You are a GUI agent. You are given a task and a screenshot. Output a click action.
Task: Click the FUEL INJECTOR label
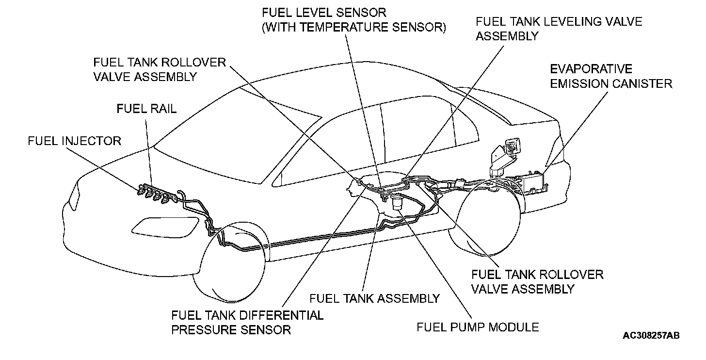tap(74, 141)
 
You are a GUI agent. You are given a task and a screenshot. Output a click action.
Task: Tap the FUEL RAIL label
tap(146, 109)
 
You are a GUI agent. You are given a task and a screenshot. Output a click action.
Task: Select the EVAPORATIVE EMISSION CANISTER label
tap(610, 76)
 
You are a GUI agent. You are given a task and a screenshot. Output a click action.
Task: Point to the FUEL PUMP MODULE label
tap(478, 327)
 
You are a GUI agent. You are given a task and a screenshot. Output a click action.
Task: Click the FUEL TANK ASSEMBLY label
tap(374, 298)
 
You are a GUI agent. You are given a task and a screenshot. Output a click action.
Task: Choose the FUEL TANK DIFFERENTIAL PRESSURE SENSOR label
tap(247, 323)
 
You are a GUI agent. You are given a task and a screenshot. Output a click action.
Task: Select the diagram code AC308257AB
tap(651, 336)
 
